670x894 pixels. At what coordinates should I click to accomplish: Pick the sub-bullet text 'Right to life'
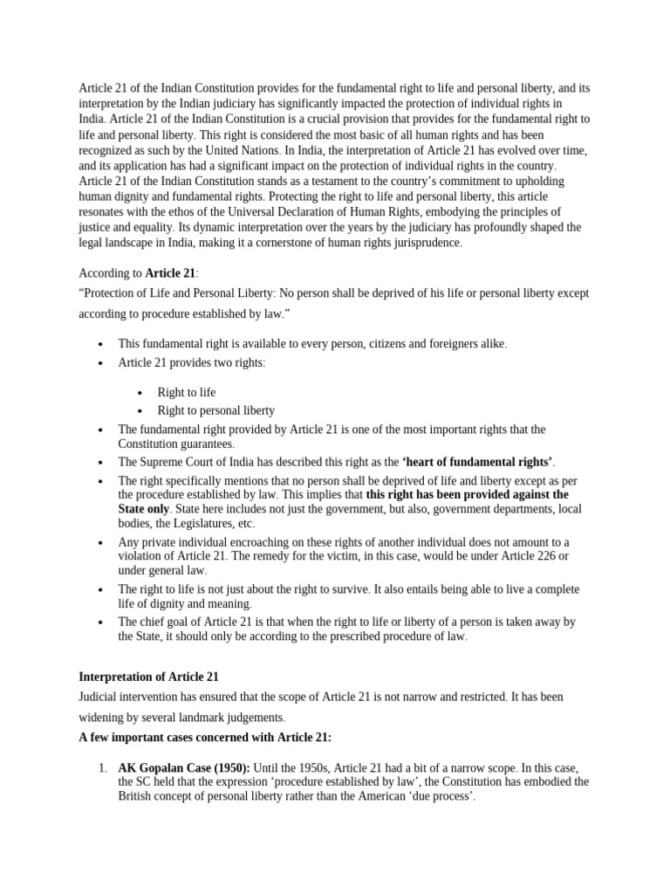tap(186, 392)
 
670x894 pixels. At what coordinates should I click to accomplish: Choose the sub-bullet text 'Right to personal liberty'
tap(215, 410)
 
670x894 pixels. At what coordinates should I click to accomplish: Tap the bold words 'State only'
tap(145, 508)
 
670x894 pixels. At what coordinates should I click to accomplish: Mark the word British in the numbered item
tap(138, 798)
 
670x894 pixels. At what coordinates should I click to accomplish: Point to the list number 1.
tap(101, 767)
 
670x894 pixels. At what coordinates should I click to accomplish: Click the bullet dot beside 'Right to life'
tap(140, 392)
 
